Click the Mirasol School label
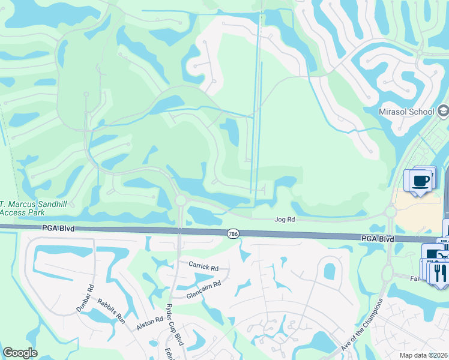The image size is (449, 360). (406, 112)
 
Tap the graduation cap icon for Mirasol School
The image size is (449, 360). (443, 110)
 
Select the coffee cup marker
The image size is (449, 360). (421, 180)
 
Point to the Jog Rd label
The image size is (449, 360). (285, 220)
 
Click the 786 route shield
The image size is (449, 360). (234, 233)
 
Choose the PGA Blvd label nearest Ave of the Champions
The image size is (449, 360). (378, 238)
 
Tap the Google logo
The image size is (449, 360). (20, 353)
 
